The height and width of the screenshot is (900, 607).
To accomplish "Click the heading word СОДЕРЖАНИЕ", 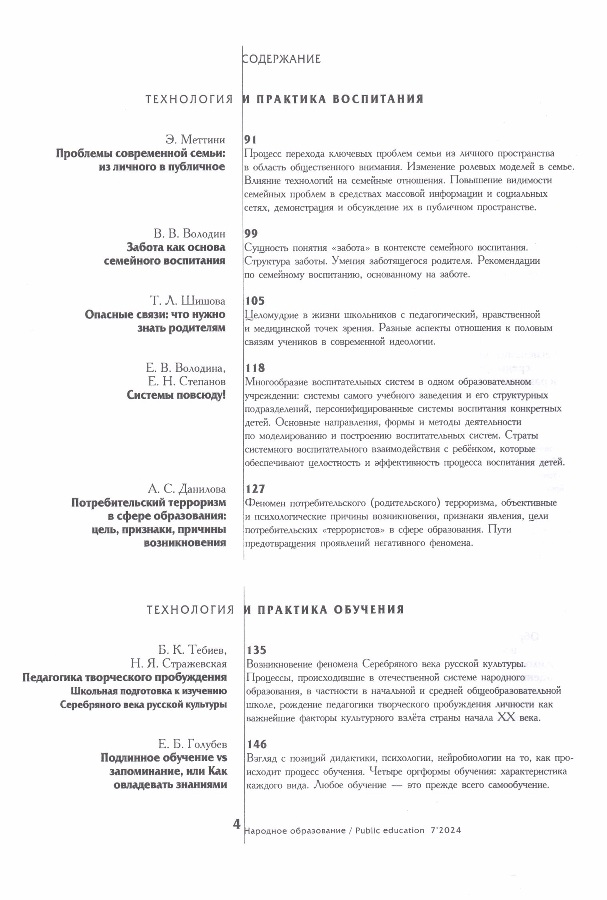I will tap(282, 59).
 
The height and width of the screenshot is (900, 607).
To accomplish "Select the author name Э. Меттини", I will tap(195, 140).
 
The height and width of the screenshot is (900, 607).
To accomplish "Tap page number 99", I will tap(251, 233).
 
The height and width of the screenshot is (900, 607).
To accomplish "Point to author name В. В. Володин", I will tap(189, 233).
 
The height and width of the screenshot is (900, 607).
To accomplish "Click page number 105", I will tap(255, 301).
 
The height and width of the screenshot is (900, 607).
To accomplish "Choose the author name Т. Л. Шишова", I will tap(187, 301).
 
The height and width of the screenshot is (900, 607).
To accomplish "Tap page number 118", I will tap(255, 368).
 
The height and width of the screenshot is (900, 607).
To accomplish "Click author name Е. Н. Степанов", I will tap(186, 381).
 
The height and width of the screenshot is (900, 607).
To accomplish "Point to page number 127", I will tap(255, 489).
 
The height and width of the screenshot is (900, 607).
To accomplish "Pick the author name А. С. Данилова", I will tap(187, 489).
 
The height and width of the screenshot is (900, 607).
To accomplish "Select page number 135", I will tap(256, 650).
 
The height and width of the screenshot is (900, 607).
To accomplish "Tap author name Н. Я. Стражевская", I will tap(179, 663).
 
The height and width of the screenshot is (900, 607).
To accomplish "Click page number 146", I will tap(257, 744).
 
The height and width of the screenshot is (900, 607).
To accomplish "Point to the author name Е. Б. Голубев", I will tap(192, 744).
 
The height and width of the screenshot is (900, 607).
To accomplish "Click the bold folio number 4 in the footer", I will tap(237, 824).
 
